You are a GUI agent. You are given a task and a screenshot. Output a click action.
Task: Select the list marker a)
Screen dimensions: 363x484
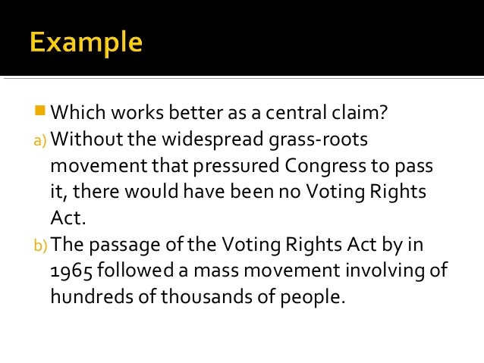(x=40, y=140)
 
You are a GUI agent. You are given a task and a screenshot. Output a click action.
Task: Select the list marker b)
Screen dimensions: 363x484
(x=40, y=245)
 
